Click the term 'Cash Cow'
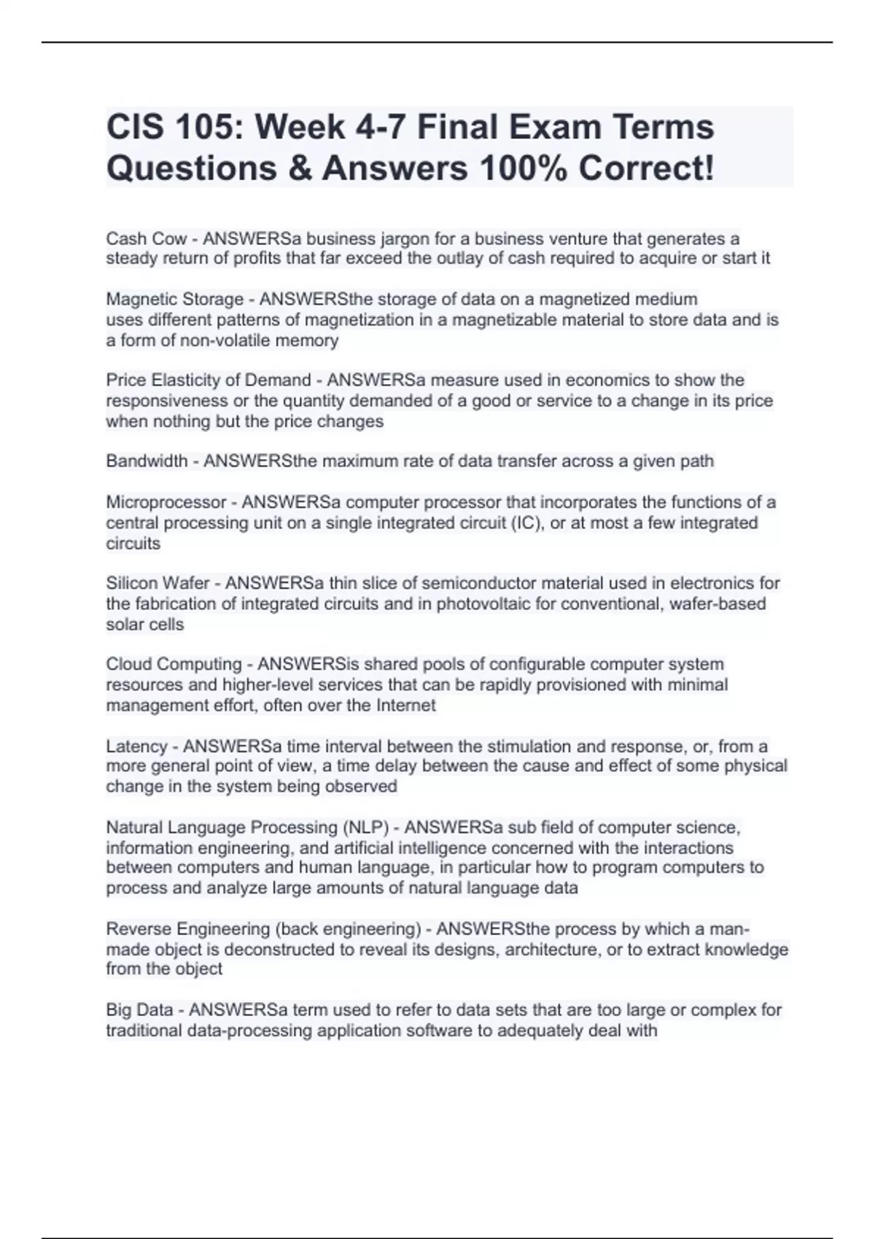(146, 239)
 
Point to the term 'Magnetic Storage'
(174, 300)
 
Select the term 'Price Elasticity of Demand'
(208, 380)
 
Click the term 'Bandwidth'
(147, 461)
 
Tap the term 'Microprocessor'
(166, 502)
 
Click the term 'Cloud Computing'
(174, 664)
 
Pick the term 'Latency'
(136, 746)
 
